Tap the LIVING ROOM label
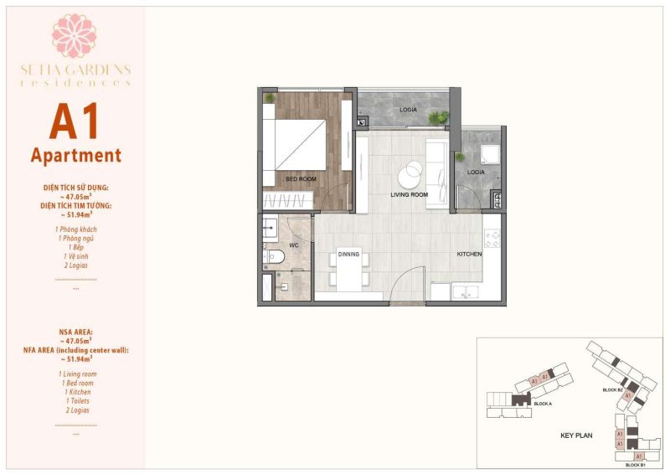pos(410,194)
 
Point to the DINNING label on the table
pos(348,254)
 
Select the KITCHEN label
pos(469,254)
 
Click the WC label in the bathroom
pos(294,246)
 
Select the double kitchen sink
pos(465,291)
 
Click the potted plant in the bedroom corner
pos(269,99)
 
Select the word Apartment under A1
pos(75,156)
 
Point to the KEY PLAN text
pos(577,435)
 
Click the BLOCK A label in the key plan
pos(544,404)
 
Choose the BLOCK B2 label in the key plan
pos(613,390)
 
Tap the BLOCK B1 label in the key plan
pos(635,463)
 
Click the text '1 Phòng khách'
pos(75,228)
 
